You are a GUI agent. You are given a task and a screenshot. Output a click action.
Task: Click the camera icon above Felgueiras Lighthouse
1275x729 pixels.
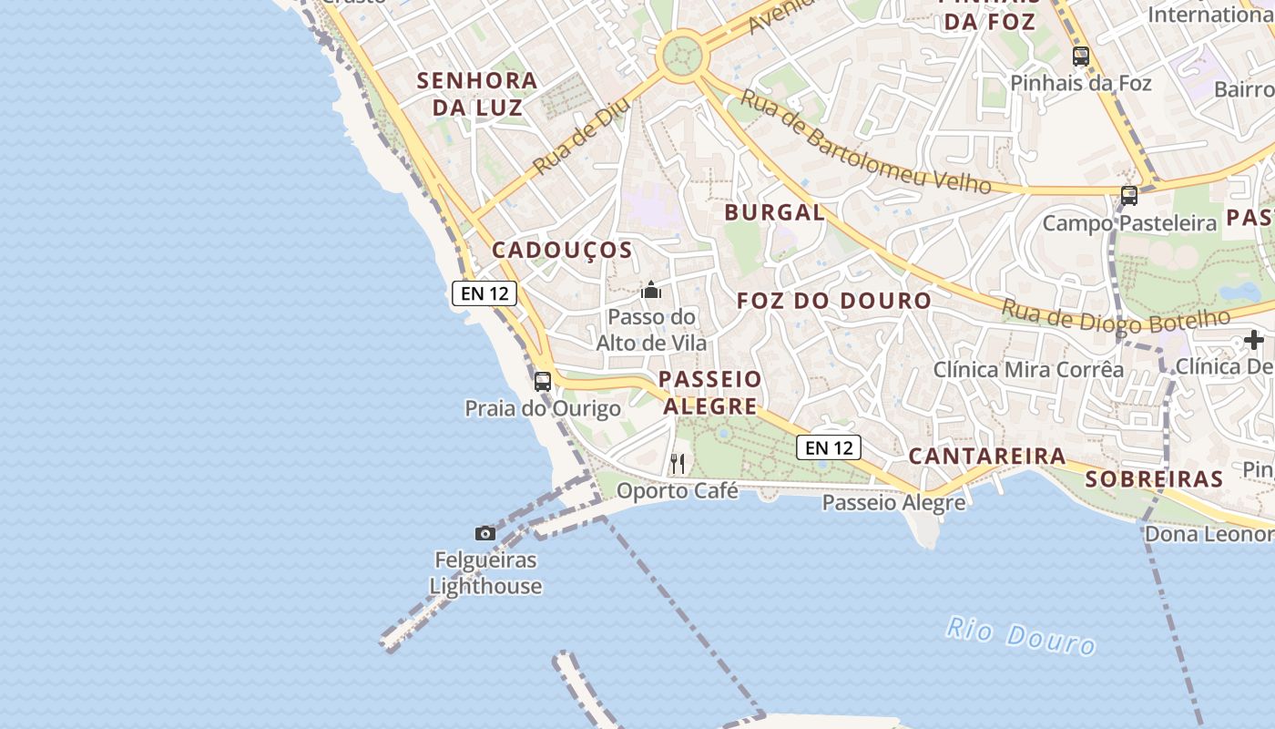point(485,533)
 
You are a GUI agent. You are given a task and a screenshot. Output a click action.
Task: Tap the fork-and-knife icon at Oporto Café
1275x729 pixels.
point(677,464)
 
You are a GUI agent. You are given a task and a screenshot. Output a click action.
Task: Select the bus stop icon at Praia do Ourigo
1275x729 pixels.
point(543,381)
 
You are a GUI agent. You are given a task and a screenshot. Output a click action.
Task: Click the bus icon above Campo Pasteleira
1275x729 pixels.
point(1129,195)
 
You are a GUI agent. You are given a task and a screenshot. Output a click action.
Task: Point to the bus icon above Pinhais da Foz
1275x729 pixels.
point(1081,56)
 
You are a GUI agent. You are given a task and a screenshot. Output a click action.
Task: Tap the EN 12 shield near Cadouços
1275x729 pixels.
point(484,293)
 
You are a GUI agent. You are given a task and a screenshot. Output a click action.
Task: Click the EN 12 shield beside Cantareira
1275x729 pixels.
point(829,447)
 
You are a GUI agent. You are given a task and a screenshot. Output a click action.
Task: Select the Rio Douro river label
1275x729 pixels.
point(1020,635)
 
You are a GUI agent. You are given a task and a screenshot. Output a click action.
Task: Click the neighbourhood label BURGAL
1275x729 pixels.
point(774,213)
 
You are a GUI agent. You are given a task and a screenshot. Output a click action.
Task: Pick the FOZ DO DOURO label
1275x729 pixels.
point(834,301)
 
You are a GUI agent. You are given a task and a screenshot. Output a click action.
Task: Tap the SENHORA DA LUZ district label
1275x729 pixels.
point(477,94)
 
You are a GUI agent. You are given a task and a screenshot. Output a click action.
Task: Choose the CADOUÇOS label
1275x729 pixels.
point(562,251)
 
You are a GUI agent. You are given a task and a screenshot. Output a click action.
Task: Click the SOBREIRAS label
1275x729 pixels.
point(1154,479)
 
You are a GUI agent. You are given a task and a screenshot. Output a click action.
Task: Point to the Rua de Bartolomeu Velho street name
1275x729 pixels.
point(864,142)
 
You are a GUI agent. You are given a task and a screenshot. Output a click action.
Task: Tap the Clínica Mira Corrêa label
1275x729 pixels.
point(1028,370)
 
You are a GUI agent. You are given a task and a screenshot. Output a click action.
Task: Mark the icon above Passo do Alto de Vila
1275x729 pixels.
point(651,291)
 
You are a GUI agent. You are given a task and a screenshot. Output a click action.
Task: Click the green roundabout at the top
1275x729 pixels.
point(684,56)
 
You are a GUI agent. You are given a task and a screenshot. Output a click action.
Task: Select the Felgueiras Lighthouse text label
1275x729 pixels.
point(486,573)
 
